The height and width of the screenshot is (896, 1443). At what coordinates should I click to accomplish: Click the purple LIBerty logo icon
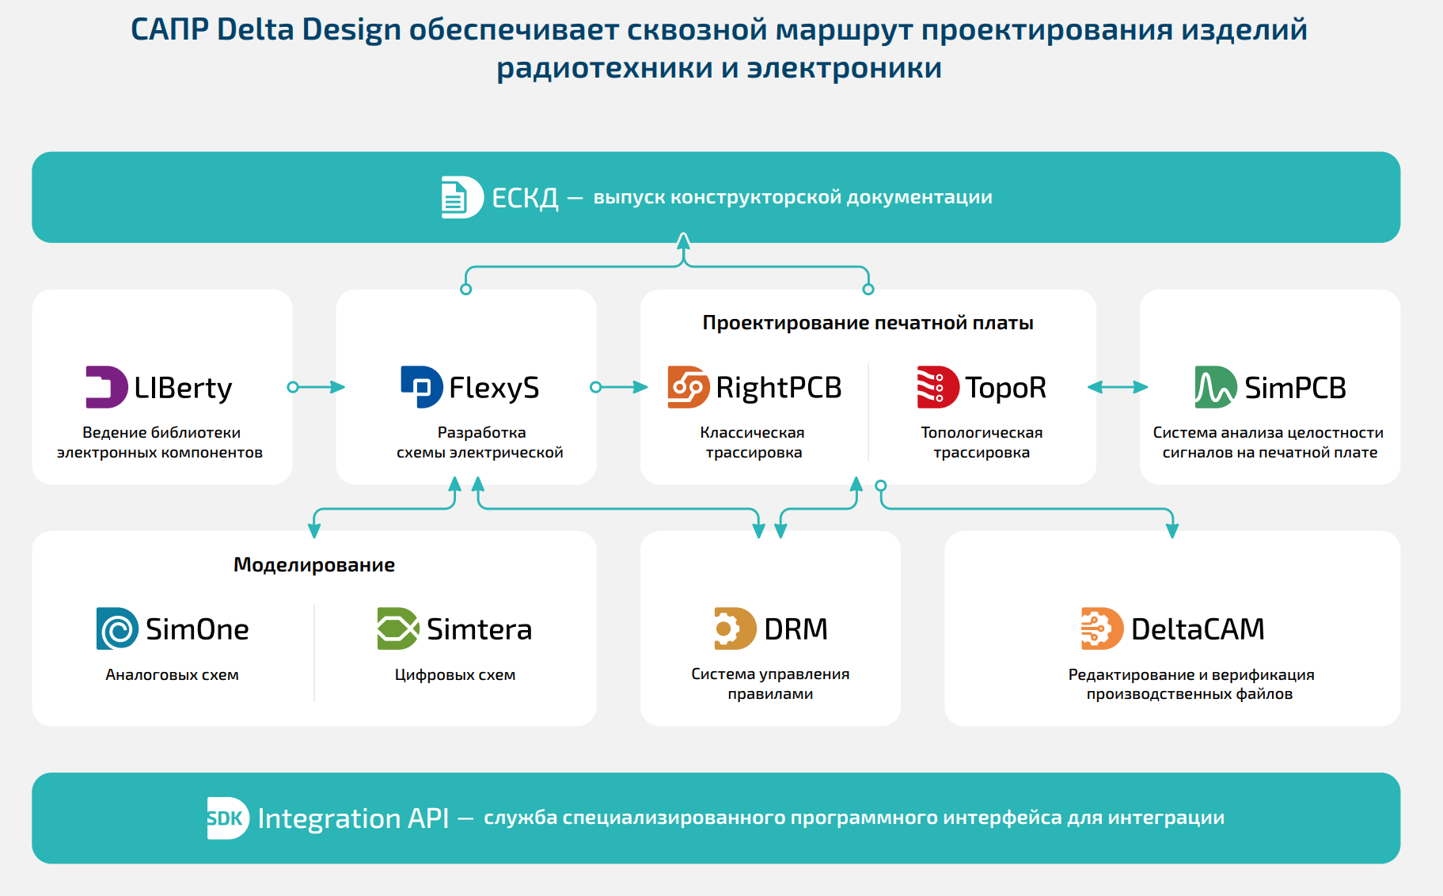click(x=106, y=387)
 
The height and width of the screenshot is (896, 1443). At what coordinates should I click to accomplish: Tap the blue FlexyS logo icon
click(x=422, y=387)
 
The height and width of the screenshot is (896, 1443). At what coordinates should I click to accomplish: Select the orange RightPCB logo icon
click(x=689, y=387)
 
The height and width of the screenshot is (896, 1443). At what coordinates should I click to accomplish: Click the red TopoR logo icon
click(x=938, y=387)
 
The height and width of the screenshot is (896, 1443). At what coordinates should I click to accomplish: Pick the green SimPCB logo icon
click(x=1216, y=387)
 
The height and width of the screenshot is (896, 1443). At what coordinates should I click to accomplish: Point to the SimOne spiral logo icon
click(x=117, y=628)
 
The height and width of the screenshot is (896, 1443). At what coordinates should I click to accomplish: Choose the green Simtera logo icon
click(x=398, y=628)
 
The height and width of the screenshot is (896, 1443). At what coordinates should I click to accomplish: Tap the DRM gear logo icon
click(x=735, y=628)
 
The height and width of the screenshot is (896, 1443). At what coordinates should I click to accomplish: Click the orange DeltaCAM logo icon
click(x=1102, y=628)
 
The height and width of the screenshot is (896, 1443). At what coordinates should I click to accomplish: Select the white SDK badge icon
click(x=228, y=818)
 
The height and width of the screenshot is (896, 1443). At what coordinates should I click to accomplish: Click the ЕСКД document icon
click(x=462, y=197)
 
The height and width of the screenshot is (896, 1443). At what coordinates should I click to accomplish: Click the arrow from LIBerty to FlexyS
click(x=317, y=387)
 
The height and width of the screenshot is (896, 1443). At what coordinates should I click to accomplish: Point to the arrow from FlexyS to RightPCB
click(x=620, y=387)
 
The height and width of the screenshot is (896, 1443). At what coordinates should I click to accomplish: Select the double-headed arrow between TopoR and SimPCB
click(x=1118, y=387)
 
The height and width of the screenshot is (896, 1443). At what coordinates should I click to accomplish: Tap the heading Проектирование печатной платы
click(x=868, y=323)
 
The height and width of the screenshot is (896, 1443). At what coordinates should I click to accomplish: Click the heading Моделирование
click(x=314, y=565)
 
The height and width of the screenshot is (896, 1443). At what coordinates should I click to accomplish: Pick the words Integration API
click(x=353, y=818)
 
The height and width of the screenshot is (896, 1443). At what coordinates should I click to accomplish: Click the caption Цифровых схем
click(x=455, y=675)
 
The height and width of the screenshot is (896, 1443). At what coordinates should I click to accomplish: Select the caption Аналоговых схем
click(x=172, y=675)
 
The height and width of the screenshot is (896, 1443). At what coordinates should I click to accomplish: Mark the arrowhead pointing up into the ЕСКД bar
click(x=684, y=240)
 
